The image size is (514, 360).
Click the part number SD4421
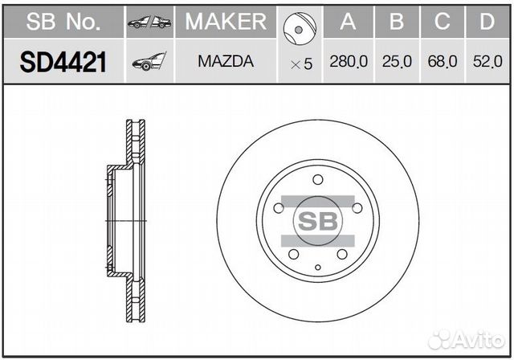[63, 62]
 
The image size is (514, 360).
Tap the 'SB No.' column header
[63, 22]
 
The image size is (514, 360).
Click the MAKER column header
[226, 22]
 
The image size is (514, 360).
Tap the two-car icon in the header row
[149, 22]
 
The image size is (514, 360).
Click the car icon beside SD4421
[149, 62]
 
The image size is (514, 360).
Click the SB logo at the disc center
[317, 221]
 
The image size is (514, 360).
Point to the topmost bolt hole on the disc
[317, 179]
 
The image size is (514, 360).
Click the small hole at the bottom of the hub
[317, 266]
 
